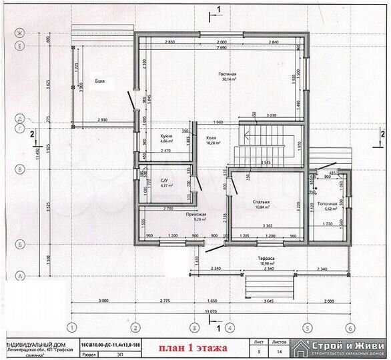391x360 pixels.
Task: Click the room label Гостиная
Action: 227,73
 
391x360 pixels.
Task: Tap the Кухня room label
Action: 167,135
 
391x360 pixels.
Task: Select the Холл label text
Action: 212,137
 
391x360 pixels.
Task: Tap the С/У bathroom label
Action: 165,179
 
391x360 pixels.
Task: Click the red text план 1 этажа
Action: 192,348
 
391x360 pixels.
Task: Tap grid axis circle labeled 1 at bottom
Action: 70,327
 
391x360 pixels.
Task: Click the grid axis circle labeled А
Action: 21,275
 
